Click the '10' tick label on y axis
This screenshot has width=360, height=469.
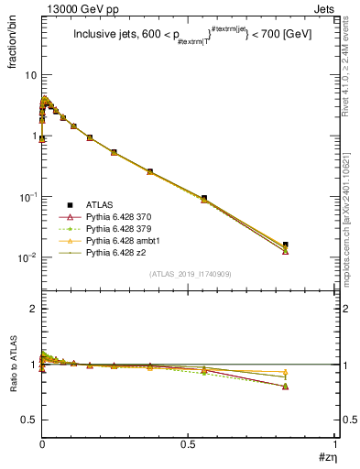pyautogui.click(x=29, y=75)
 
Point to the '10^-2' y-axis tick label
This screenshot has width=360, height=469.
pyautogui.click(x=26, y=257)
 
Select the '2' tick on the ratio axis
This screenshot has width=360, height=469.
pyautogui.click(x=32, y=309)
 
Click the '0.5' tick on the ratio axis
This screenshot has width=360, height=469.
pyautogui.click(x=27, y=420)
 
